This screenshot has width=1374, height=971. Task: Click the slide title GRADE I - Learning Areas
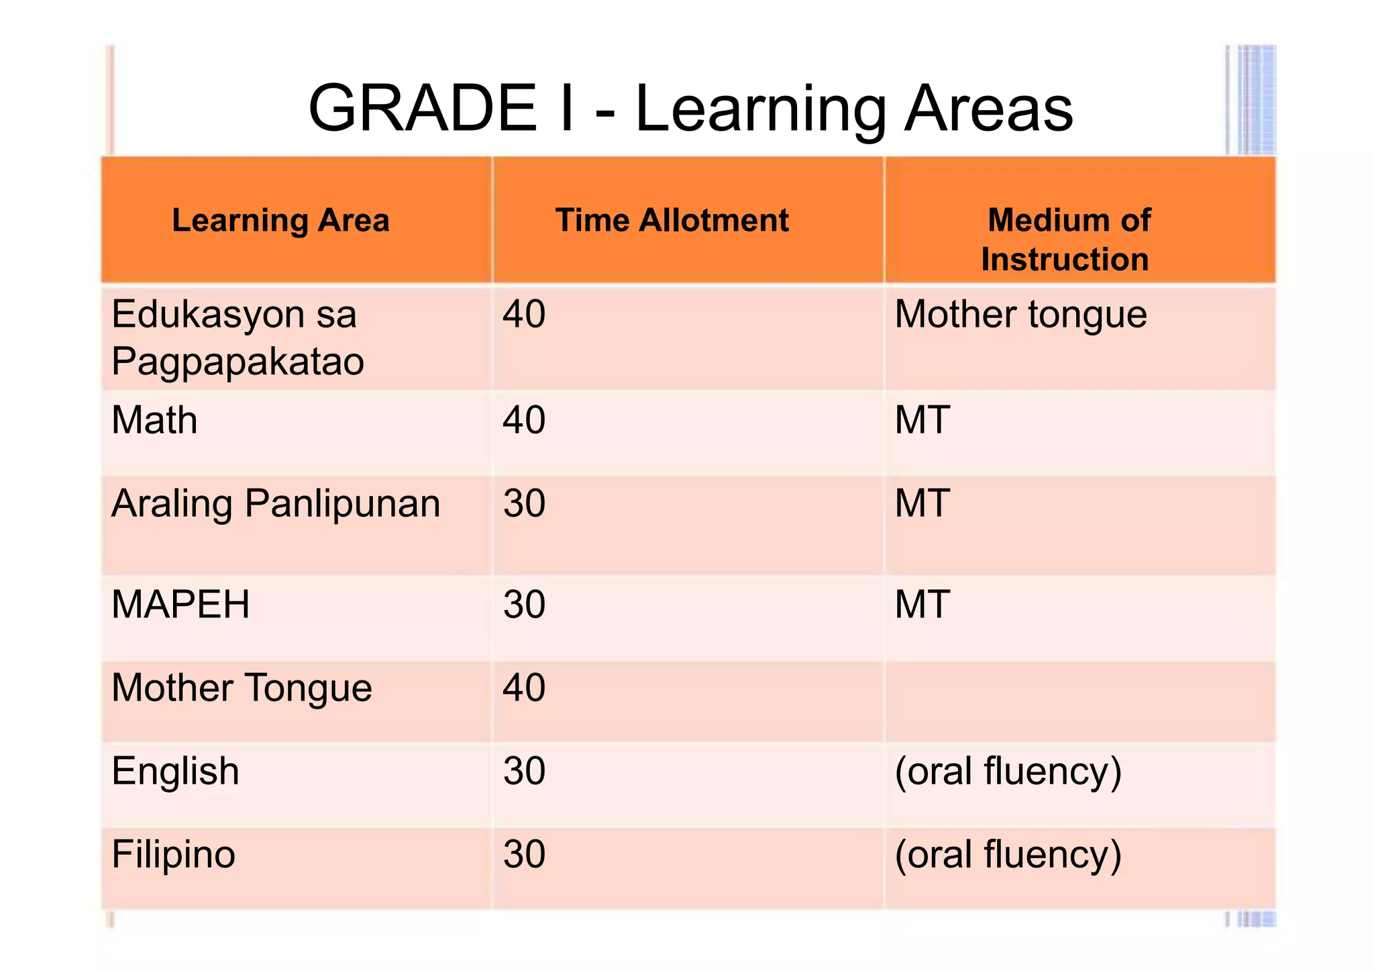[x=690, y=109]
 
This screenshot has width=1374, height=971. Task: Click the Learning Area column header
[x=280, y=220]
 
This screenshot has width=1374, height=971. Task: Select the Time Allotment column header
[x=672, y=220]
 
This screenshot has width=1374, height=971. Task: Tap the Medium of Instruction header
[x=1067, y=239]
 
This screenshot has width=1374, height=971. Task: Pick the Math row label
[x=154, y=420]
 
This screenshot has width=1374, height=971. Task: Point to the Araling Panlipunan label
[x=276, y=503]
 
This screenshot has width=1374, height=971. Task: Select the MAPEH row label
[x=180, y=604]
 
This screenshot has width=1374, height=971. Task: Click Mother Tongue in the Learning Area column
[x=242, y=688]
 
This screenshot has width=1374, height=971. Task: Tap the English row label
[x=175, y=771]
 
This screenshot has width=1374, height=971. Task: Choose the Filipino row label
[x=173, y=854]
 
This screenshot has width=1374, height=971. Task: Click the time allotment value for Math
[x=524, y=420]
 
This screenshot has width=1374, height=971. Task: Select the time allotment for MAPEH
[x=524, y=604]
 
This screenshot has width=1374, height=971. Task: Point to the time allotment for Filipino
[x=524, y=854]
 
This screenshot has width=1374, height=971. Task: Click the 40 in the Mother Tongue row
[x=524, y=688]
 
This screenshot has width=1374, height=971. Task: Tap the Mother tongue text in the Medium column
[x=1020, y=315]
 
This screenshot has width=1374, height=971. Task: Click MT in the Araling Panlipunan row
[x=922, y=503]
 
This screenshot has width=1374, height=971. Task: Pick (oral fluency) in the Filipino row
[x=1008, y=855]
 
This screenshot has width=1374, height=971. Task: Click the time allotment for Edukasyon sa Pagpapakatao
[x=524, y=314]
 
